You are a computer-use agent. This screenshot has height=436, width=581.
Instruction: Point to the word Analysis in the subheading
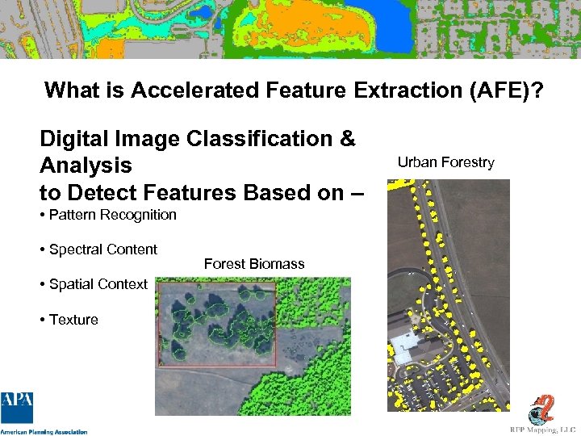pyautogui.click(x=86, y=166)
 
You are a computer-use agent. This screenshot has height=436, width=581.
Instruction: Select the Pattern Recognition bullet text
pyautogui.click(x=112, y=215)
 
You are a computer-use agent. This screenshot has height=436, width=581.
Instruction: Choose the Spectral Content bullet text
pyautogui.click(x=102, y=249)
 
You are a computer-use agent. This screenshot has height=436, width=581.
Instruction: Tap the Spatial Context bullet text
pyautogui.click(x=98, y=284)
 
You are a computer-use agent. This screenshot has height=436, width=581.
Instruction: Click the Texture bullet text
pyautogui.click(x=73, y=320)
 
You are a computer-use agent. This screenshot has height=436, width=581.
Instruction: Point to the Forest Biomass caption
pyautogui.click(x=254, y=264)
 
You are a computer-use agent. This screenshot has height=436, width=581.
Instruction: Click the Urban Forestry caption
pyautogui.click(x=445, y=162)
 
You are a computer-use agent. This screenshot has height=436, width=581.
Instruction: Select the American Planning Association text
pyautogui.click(x=44, y=431)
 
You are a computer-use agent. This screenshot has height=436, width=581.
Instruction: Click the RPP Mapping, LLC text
pyautogui.click(x=542, y=430)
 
